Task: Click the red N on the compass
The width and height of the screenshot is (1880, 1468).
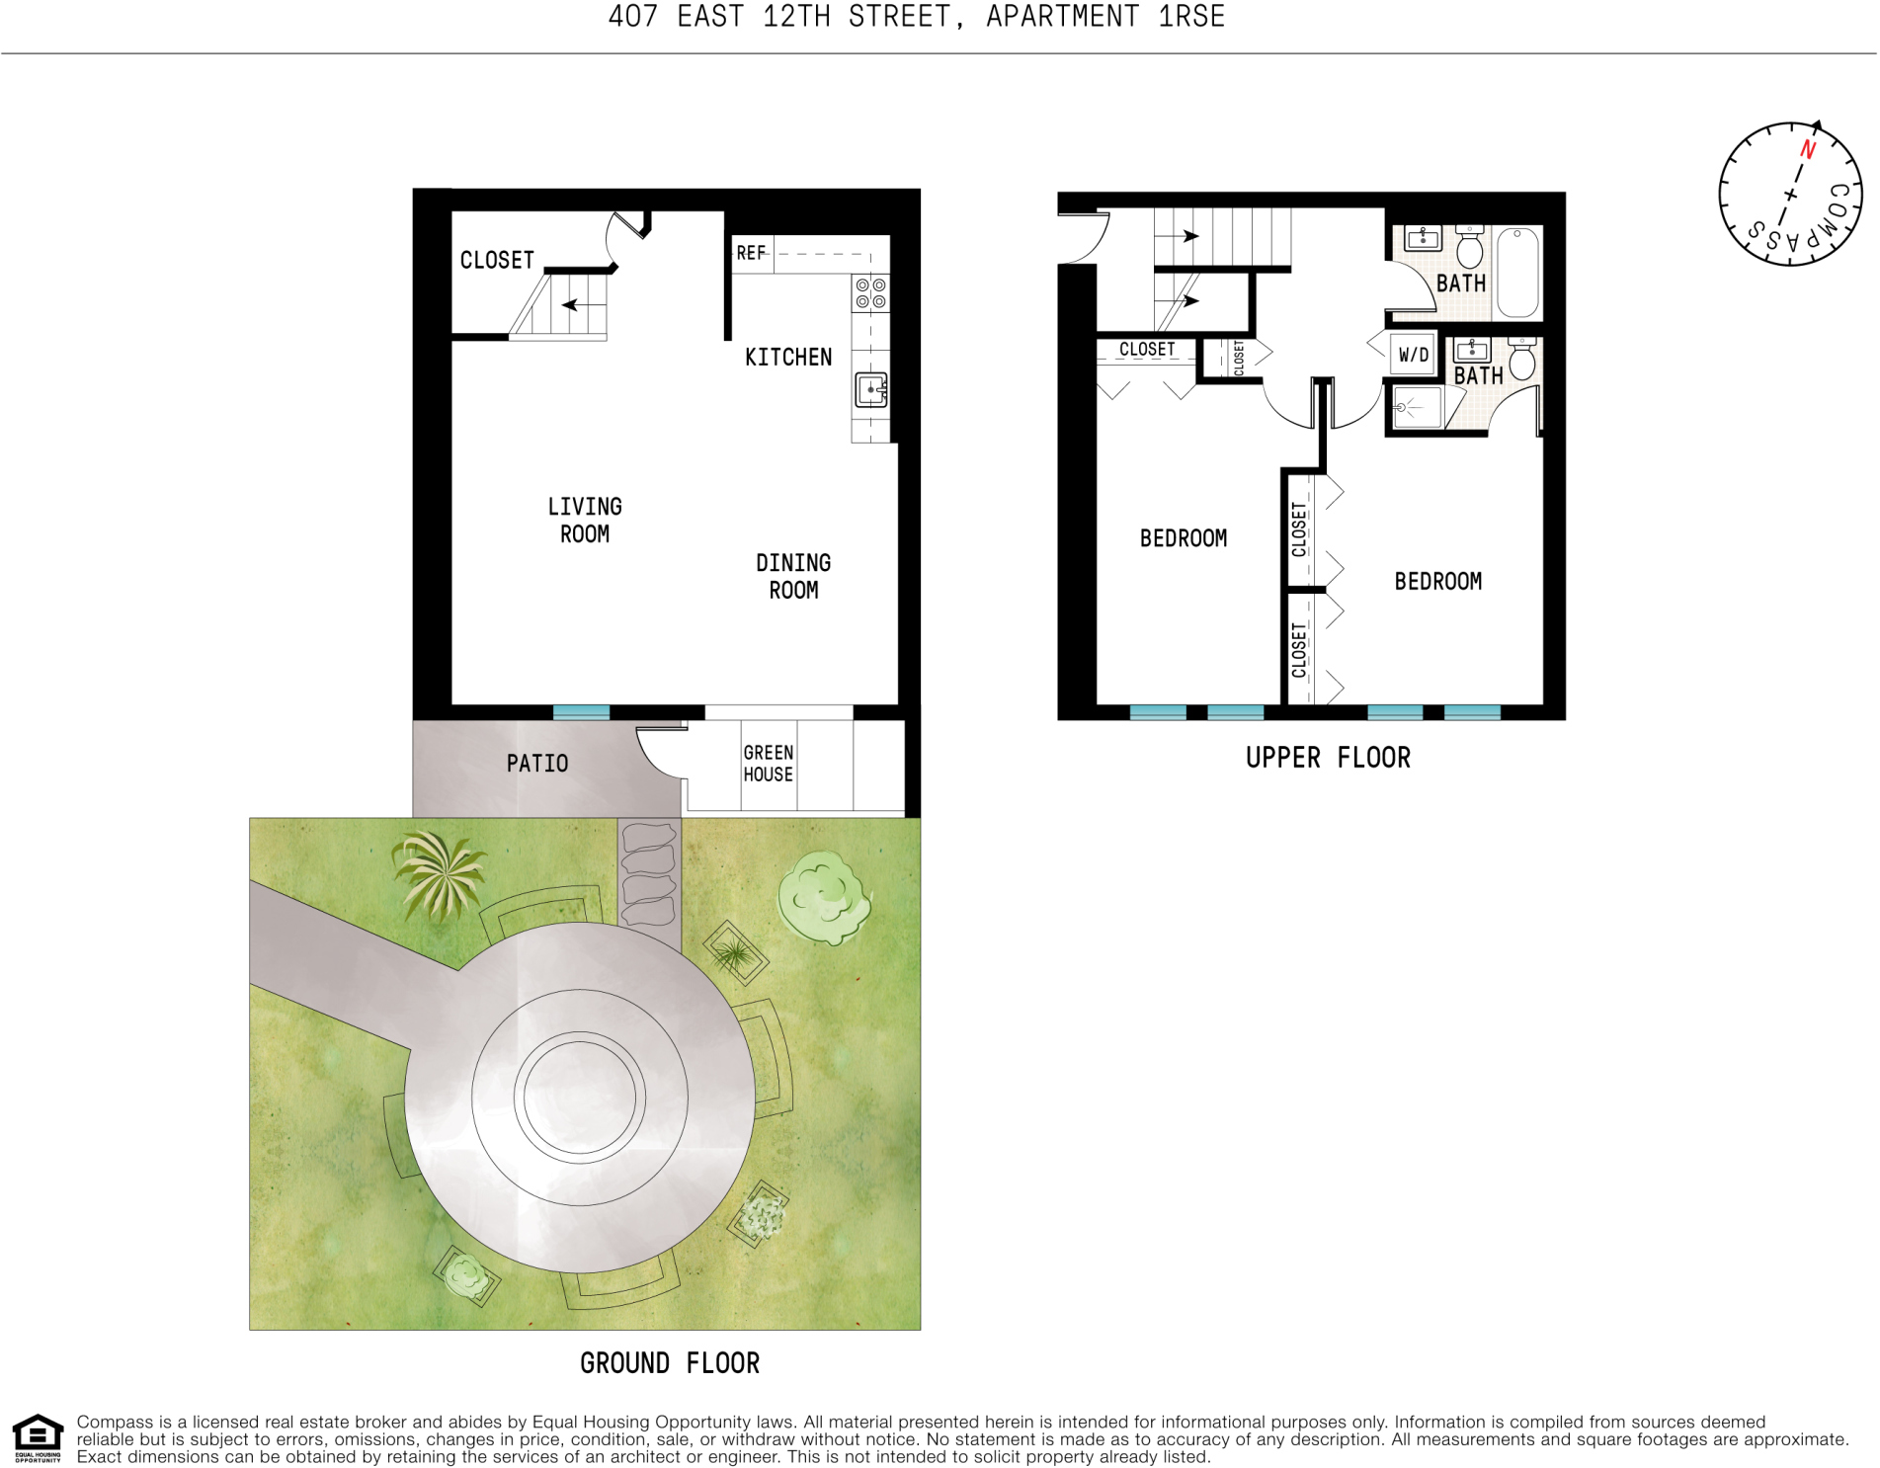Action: (x=1808, y=149)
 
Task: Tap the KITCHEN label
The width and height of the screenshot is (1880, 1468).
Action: (x=787, y=357)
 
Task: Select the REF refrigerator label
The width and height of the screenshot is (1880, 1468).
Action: (x=751, y=253)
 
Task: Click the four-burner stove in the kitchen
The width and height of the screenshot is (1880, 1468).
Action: (x=870, y=293)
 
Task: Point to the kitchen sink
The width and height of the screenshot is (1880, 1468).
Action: (x=870, y=389)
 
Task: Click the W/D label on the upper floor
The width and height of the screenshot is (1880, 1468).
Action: (x=1413, y=355)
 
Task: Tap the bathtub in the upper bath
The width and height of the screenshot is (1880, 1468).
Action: (x=1518, y=273)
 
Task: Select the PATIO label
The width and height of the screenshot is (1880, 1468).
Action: (x=536, y=764)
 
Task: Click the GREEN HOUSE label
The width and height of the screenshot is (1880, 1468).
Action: (x=768, y=764)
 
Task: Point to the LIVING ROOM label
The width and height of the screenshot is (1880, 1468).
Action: (x=585, y=520)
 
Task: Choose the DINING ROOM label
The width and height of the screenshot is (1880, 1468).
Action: (x=793, y=576)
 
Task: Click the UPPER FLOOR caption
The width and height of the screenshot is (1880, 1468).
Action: (x=1328, y=758)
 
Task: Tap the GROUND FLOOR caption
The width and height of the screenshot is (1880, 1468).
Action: (x=670, y=1363)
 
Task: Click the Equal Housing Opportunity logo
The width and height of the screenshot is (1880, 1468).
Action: (x=38, y=1437)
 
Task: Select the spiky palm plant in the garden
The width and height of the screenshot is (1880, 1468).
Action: (x=439, y=872)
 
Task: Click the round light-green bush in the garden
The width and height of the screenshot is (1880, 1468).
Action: (x=823, y=897)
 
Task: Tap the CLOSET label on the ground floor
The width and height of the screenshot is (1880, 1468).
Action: (x=497, y=260)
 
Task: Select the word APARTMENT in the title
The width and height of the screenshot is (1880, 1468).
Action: (x=1063, y=17)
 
